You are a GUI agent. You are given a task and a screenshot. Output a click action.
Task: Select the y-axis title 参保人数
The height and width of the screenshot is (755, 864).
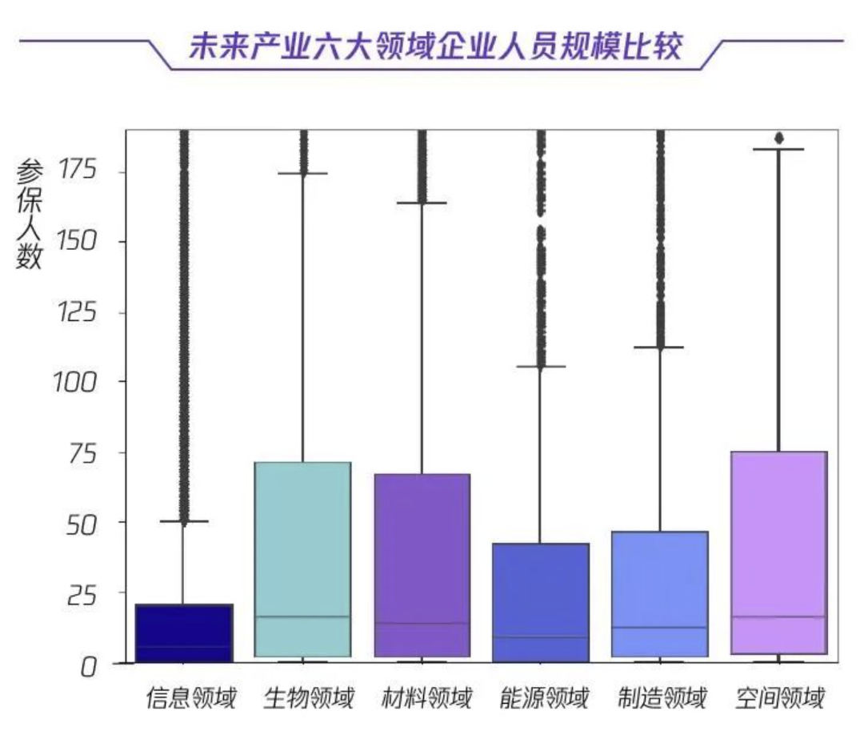(30, 215)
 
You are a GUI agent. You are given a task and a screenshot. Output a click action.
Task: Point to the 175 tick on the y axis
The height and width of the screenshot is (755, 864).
(77, 170)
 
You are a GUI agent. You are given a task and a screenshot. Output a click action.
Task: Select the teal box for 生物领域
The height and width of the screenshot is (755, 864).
(302, 544)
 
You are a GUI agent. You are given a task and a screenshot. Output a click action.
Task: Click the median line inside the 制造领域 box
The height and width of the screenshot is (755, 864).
(660, 627)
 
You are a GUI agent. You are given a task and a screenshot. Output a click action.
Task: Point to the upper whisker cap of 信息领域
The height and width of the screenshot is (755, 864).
(184, 521)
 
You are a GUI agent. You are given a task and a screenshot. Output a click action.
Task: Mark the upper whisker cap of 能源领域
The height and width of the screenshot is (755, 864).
(541, 366)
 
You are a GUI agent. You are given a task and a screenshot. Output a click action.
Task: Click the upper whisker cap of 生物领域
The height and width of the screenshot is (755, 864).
(302, 173)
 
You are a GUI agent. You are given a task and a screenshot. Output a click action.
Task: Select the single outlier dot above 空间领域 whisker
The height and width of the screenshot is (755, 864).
(778, 139)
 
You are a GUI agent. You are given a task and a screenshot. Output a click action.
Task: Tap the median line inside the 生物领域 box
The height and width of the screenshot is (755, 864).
(302, 616)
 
